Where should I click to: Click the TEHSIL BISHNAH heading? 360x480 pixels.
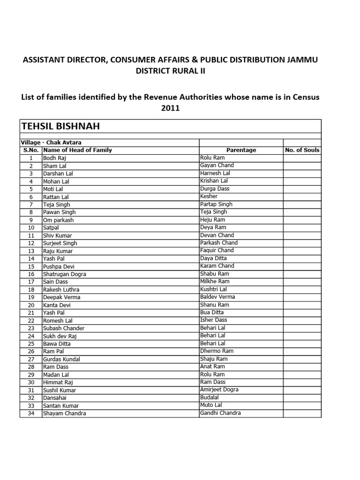60,127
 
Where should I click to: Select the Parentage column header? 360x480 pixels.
241,150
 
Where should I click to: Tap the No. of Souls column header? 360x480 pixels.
302,150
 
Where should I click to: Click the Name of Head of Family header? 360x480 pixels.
77,150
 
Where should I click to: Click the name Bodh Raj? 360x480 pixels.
55,158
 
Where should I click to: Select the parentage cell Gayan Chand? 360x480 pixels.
217,165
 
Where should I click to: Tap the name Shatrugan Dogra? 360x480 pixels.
64,274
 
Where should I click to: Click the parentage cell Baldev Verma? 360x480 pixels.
217,297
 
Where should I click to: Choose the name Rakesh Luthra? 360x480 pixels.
61,290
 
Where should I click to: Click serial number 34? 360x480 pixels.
31,413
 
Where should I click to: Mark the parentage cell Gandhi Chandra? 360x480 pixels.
220,413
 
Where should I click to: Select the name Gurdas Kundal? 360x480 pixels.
61,359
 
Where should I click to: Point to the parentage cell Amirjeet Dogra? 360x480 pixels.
219,390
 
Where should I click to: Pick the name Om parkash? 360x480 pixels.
59,220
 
